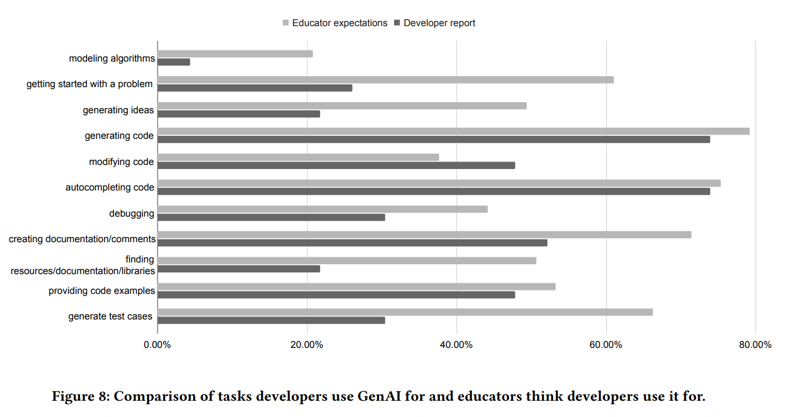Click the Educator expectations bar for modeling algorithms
(x=235, y=54)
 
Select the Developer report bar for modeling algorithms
(x=174, y=62)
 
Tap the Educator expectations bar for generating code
(x=453, y=131)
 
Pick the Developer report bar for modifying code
(x=336, y=166)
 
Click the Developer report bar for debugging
(x=271, y=217)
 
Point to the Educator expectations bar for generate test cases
(x=405, y=312)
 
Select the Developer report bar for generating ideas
(x=238, y=114)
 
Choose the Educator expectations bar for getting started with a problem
(x=385, y=80)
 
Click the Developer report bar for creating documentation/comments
(x=352, y=243)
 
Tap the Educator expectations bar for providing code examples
(x=356, y=286)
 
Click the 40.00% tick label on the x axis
(x=456, y=345)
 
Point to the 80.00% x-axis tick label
(x=755, y=345)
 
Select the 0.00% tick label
(x=157, y=345)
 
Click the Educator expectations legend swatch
(x=285, y=23)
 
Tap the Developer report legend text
(x=439, y=23)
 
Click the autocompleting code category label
(x=110, y=188)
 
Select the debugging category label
(x=131, y=213)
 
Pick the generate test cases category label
(x=110, y=317)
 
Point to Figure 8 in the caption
(x=79, y=397)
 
